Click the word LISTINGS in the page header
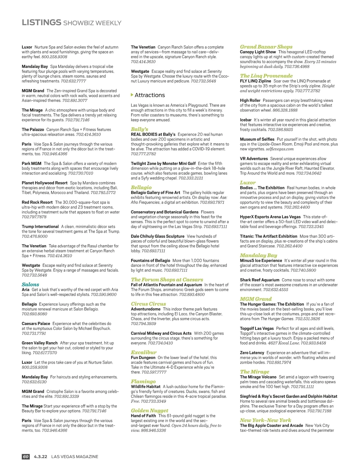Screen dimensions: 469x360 tap(41, 22)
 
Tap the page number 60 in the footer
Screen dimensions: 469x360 tap(26, 457)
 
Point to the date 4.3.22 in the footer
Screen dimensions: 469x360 tap(40, 457)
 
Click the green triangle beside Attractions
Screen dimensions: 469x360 tap(132, 95)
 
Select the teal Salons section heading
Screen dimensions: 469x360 tap(30, 284)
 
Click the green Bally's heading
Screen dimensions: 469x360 tap(139, 129)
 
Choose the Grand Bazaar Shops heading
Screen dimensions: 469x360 tap(266, 47)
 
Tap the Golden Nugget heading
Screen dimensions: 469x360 tap(149, 411)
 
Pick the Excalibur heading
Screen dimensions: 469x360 tap(144, 352)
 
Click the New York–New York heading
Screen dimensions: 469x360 tap(265, 420)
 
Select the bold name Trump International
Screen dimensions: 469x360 tap(40, 227)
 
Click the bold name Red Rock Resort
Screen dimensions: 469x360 tap(37, 202)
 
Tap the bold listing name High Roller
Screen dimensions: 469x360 tap(250, 100)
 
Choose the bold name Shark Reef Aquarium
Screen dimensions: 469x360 tap(259, 280)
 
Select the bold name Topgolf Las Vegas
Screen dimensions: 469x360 tap(257, 329)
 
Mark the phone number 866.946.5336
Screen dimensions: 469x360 tap(153, 430)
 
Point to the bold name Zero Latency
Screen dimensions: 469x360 tap(252, 353)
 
